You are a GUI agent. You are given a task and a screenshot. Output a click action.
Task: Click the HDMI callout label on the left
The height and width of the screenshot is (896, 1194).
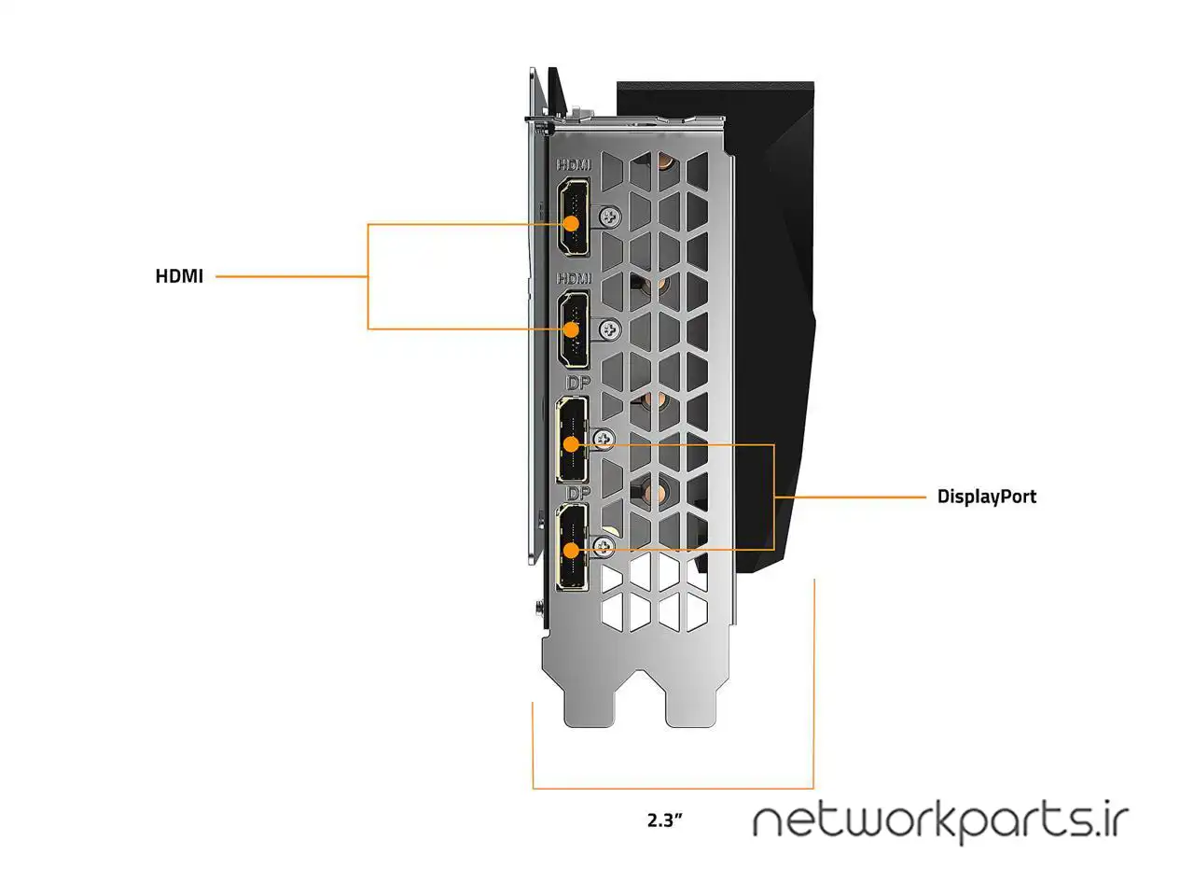pyautogui.click(x=179, y=276)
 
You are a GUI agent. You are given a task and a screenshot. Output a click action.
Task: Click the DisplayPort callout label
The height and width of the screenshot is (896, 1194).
pyautogui.click(x=986, y=497)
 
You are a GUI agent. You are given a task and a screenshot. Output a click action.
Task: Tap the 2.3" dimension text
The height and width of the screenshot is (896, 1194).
pyautogui.click(x=664, y=820)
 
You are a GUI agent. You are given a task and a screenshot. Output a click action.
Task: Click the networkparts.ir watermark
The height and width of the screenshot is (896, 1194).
pyautogui.click(x=940, y=821)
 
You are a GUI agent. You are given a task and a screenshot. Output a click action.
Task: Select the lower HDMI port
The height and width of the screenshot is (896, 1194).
pyautogui.click(x=574, y=329)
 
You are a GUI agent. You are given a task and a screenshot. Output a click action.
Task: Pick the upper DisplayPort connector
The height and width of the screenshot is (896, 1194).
pyautogui.click(x=572, y=440)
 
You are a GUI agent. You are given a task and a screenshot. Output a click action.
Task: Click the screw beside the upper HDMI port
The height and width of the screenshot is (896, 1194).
pyautogui.click(x=611, y=217)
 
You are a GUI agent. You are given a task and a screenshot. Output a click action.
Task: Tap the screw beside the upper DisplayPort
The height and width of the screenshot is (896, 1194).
pyautogui.click(x=604, y=439)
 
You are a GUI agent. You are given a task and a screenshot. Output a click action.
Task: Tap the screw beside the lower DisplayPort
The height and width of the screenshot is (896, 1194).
pyautogui.click(x=604, y=546)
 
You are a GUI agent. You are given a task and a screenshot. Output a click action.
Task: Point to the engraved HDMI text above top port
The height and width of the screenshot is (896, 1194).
pyautogui.click(x=574, y=165)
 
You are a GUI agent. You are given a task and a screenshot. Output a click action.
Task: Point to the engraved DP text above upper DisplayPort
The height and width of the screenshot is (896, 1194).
pyautogui.click(x=578, y=384)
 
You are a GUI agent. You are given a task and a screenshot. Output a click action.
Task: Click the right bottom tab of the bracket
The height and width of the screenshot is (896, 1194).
pyautogui.click(x=691, y=705)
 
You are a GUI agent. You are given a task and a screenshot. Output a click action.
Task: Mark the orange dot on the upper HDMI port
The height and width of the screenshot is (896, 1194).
pyautogui.click(x=571, y=224)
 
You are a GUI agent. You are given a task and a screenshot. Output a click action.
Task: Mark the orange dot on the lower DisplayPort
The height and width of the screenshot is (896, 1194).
pyautogui.click(x=571, y=551)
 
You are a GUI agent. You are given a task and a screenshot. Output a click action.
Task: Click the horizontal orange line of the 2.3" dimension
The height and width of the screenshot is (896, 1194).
pyautogui.click(x=672, y=789)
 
